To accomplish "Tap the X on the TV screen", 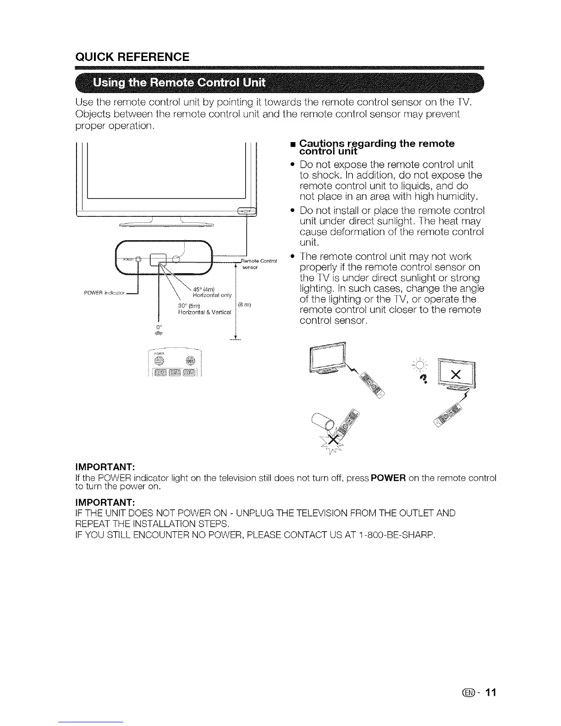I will click(455, 374).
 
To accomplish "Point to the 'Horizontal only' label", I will click(213, 295).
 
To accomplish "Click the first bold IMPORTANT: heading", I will click(104, 467).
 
